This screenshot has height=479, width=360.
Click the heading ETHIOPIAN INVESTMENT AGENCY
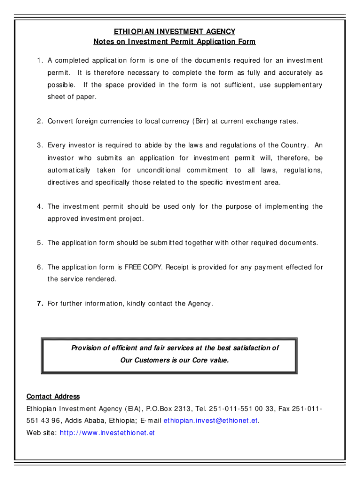[174, 32]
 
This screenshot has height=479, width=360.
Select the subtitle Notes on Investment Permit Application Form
[174, 42]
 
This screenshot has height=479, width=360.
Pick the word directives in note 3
[63, 182]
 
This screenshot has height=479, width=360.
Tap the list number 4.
[40, 207]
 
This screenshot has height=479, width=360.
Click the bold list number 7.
[40, 304]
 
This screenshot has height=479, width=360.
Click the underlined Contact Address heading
[53, 397]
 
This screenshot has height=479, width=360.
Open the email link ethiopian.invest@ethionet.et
[210, 421]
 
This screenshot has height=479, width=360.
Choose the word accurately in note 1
[294, 73]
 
